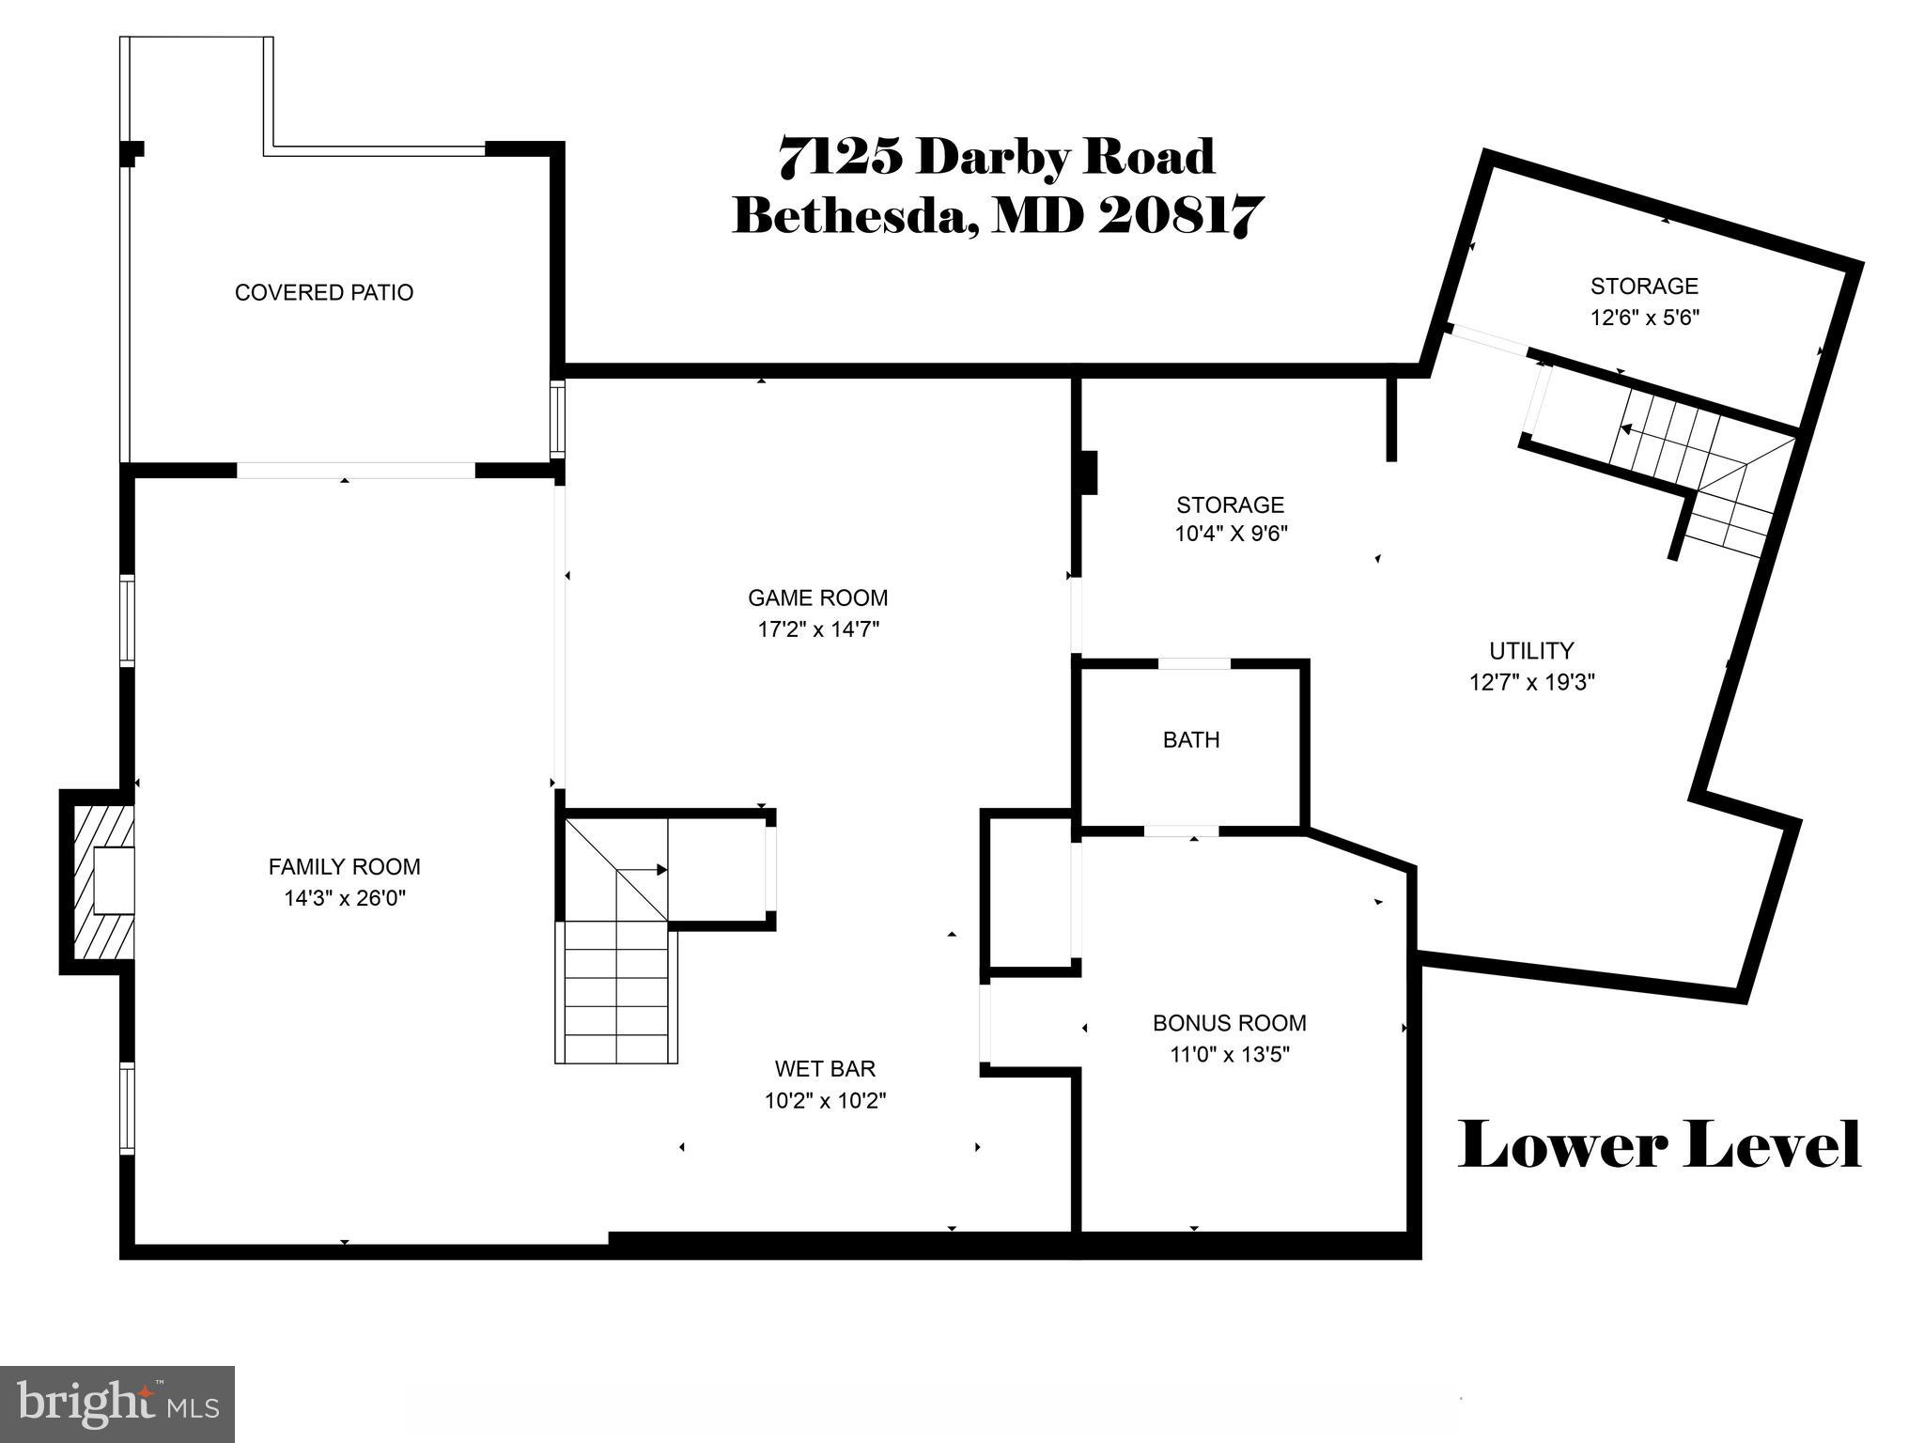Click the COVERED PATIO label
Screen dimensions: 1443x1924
point(323,292)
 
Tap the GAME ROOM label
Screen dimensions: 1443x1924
point(817,597)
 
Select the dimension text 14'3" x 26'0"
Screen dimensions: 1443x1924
point(344,898)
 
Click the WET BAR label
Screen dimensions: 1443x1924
point(825,1068)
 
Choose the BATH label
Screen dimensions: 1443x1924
point(1191,739)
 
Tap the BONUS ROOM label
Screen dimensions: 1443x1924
point(1229,1022)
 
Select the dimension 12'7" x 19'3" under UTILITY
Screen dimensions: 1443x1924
point(1531,681)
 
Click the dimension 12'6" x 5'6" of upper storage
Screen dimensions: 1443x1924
point(1644,317)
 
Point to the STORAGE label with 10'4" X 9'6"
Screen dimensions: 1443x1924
point(1230,504)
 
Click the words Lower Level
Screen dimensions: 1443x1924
point(1658,1145)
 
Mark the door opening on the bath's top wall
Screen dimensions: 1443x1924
point(1193,663)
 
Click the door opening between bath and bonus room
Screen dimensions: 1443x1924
point(1181,830)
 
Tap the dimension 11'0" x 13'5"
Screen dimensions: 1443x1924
point(1229,1054)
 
